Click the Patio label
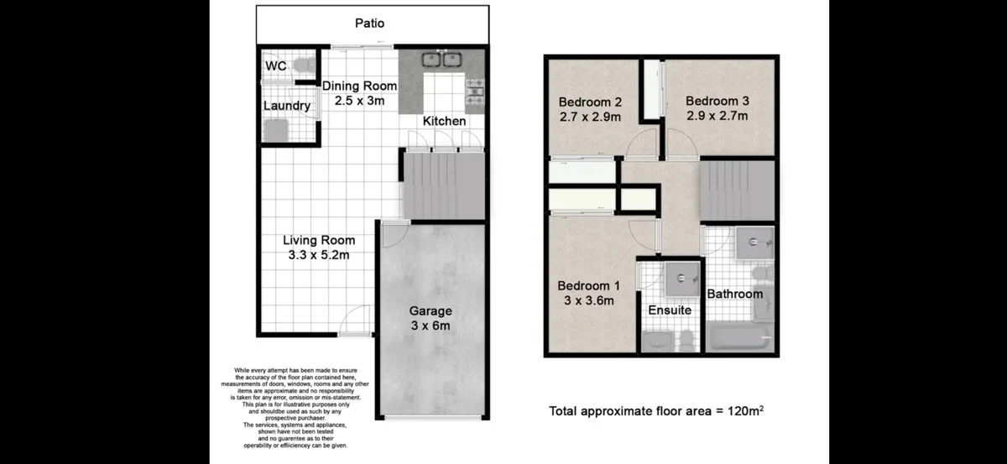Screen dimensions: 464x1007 [x=369, y=23]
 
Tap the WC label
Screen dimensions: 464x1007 [x=275, y=66]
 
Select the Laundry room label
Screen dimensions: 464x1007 [x=287, y=107]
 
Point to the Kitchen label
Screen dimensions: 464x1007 [x=444, y=122]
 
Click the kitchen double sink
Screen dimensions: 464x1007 [x=442, y=60]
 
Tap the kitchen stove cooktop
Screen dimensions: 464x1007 [x=476, y=89]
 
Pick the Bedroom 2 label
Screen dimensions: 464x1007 [x=590, y=102]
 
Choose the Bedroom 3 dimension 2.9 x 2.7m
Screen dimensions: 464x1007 [x=717, y=117]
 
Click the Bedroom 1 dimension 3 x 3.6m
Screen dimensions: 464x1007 [x=590, y=300]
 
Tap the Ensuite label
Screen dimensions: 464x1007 [x=670, y=310]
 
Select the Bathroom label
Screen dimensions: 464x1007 [x=734, y=295]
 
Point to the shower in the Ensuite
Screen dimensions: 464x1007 [x=682, y=279]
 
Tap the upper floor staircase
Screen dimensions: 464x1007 [x=737, y=190]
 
